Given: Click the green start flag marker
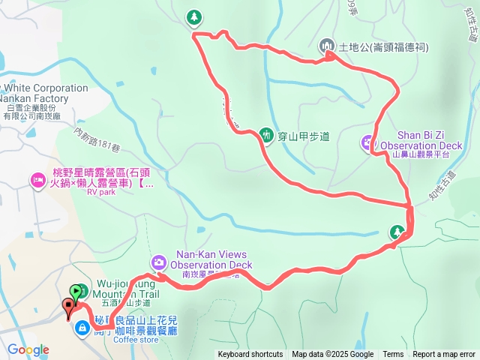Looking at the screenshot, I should point(76,292).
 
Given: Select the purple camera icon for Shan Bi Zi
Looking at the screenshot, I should point(367,140).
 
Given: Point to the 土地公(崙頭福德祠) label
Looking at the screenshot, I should point(383,46).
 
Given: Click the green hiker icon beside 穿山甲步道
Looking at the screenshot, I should point(265,135).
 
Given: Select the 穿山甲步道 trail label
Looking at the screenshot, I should point(304,136).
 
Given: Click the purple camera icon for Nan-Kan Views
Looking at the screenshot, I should point(159,262).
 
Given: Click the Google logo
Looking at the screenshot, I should point(28,349).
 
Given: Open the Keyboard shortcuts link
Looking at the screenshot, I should point(250,355).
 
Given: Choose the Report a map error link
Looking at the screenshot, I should point(445,355).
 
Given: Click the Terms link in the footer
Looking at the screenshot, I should point(393,355).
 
